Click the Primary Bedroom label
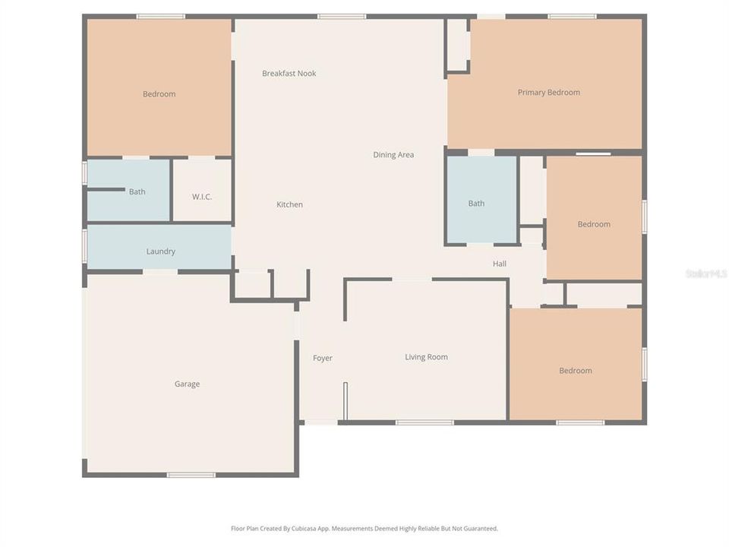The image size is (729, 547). [548, 93]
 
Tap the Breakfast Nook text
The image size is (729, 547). [289, 74]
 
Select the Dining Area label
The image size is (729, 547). [393, 155]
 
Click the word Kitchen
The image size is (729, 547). [289, 204]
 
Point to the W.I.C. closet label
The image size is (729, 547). [201, 197]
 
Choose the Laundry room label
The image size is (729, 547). [160, 251]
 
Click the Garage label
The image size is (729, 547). [187, 384]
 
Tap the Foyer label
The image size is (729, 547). [323, 358]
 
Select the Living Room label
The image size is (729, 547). [426, 357]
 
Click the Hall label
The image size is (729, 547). [499, 264]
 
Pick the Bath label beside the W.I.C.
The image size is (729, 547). [137, 192]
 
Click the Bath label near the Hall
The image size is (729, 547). [476, 204]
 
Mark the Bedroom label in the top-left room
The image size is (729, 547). [159, 94]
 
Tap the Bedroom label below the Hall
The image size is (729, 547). [575, 371]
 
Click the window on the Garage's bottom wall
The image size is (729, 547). [191, 475]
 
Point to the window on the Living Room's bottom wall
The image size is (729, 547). [424, 422]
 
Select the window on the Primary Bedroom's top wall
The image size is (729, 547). [572, 16]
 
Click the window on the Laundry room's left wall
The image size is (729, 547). [84, 246]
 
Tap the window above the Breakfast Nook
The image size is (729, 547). [341, 16]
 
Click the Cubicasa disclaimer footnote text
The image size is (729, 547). [364, 528]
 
